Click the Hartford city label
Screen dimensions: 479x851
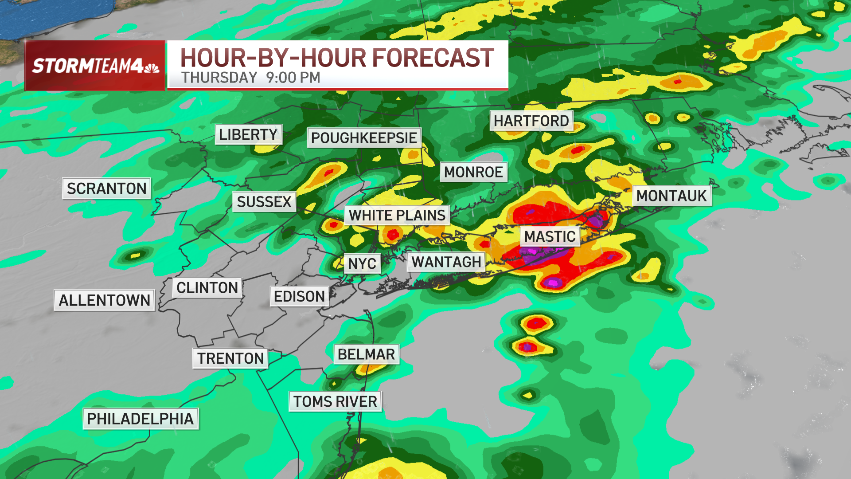click(x=531, y=121)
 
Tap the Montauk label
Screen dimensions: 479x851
click(x=671, y=196)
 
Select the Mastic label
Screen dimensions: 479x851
click(x=550, y=236)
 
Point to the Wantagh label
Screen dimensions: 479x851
click(x=446, y=262)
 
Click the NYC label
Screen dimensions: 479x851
click(x=362, y=264)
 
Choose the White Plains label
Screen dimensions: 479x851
click(x=397, y=216)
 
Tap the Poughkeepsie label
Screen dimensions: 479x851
click(x=363, y=138)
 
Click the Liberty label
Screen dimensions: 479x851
click(x=248, y=134)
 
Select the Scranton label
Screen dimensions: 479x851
click(x=106, y=188)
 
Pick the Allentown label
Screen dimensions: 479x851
click(x=104, y=300)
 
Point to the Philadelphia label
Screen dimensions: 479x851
click(x=140, y=419)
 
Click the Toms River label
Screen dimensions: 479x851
click(x=335, y=401)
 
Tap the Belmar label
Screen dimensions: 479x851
click(x=366, y=354)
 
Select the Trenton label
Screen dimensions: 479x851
click(x=230, y=358)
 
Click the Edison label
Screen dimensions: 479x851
click(x=299, y=296)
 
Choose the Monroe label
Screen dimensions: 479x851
click(x=473, y=172)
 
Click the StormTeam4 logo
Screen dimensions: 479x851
click(x=95, y=66)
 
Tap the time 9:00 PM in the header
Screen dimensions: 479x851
click(x=293, y=78)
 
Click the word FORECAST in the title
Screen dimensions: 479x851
click(x=433, y=58)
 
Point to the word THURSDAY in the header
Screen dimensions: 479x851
click(x=219, y=78)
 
